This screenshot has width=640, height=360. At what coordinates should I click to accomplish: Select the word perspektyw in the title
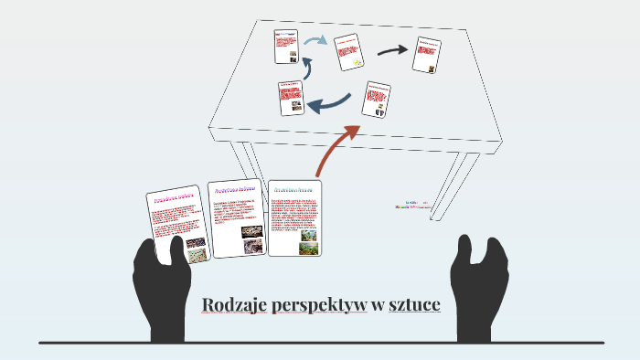pos(320,304)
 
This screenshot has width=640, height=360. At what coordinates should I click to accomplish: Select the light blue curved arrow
pos(316,41)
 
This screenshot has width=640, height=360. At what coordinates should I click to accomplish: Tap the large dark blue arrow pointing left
pos(331,103)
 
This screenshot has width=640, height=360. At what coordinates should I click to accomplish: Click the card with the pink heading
pos(178,225)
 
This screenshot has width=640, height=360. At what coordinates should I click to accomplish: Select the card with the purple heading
pos(237,217)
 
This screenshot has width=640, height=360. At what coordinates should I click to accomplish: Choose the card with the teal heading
pos(295,218)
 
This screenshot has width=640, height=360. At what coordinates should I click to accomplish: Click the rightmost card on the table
pos(426,55)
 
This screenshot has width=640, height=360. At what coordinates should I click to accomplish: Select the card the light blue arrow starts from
pos(286,46)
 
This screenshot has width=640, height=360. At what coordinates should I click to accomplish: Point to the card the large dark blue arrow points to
pos(291,98)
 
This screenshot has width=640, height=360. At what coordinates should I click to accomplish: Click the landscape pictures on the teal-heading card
pos(309,240)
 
